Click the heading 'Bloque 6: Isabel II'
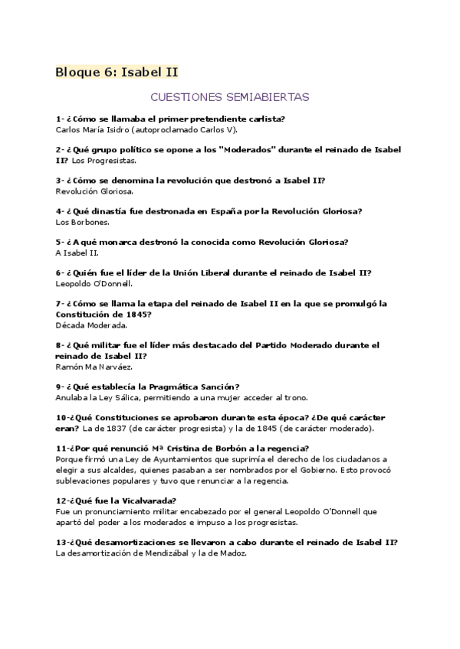pos(117,73)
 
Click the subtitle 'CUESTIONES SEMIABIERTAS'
pos(229,98)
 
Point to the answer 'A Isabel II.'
pos(77,253)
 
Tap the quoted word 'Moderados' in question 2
pos(249,150)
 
